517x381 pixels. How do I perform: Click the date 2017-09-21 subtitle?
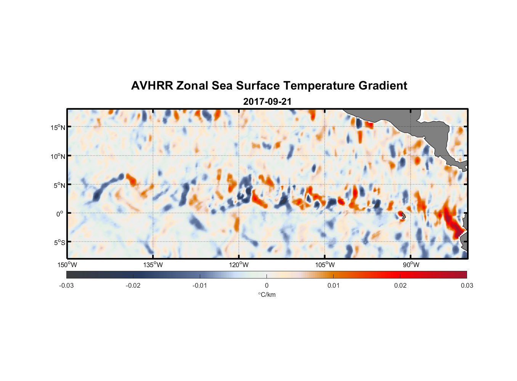click(x=267, y=102)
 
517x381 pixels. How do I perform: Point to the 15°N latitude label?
click(x=58, y=127)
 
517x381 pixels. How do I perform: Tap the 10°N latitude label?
click(x=58, y=156)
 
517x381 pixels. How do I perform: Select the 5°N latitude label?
click(x=59, y=185)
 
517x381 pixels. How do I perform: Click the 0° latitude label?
click(x=60, y=214)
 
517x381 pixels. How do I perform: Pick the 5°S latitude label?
click(x=59, y=242)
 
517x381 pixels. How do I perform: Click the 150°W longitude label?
click(x=67, y=265)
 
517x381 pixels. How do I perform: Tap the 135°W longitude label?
click(x=153, y=265)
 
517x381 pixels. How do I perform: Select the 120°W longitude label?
click(x=239, y=265)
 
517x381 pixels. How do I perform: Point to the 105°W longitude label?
click(x=325, y=265)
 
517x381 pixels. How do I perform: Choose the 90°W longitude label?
click(x=411, y=265)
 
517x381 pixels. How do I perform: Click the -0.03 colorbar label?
click(x=66, y=285)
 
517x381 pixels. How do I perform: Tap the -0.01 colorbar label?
click(x=200, y=285)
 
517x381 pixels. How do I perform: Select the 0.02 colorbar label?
click(x=400, y=285)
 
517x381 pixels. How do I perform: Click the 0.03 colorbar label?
click(x=467, y=285)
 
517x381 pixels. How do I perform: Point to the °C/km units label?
click(x=267, y=295)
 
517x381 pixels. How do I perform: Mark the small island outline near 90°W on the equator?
click(x=403, y=216)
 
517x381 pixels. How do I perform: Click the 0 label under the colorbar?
click(x=267, y=285)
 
